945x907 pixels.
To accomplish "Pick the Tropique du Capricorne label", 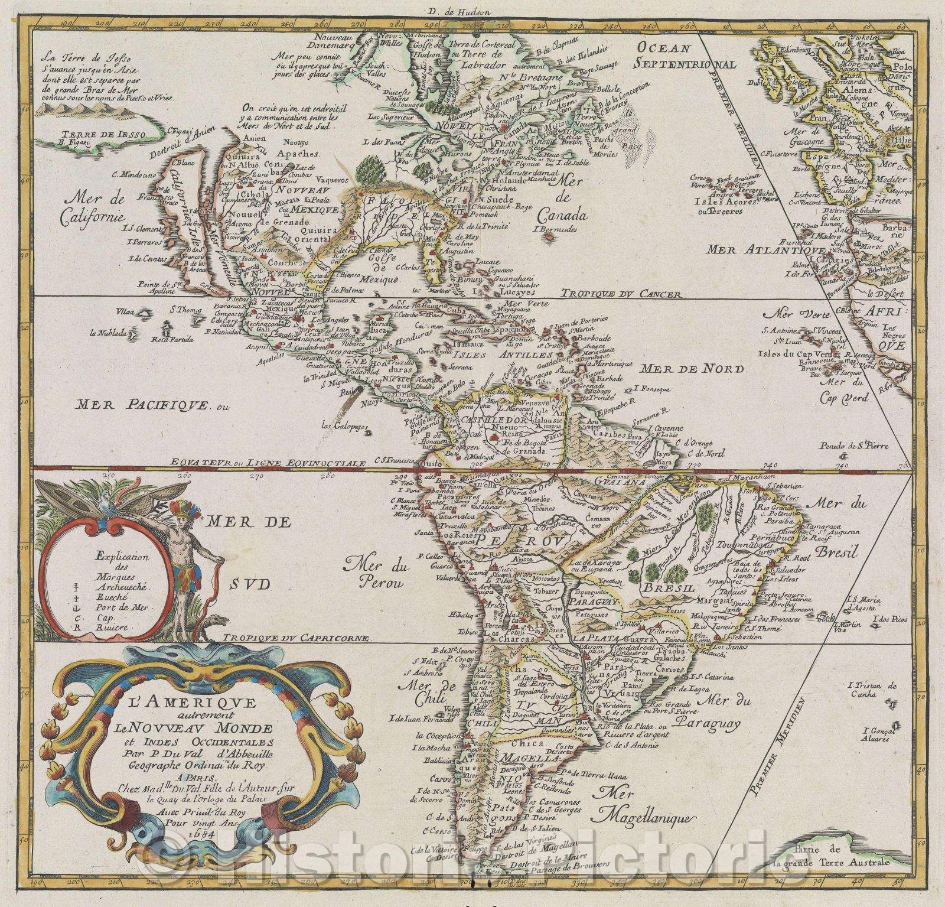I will click(298, 639).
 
